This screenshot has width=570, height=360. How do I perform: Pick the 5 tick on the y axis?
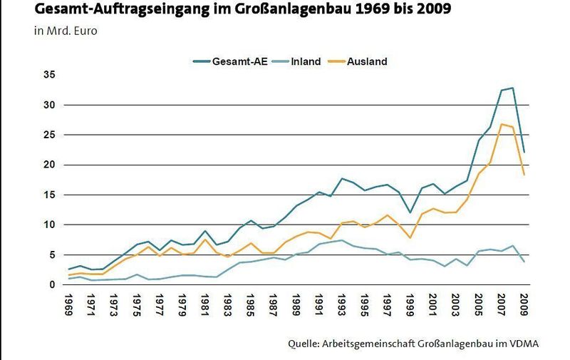pyautogui.click(x=51, y=254)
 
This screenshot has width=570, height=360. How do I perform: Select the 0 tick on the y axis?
pyautogui.click(x=51, y=284)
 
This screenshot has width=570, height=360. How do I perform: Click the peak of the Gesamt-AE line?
pyautogui.click(x=512, y=88)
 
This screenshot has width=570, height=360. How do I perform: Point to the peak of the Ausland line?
pyautogui.click(x=501, y=124)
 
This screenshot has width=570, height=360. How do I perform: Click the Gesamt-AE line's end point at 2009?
pyautogui.click(x=524, y=152)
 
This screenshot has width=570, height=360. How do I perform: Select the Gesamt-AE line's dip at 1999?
pyautogui.click(x=410, y=212)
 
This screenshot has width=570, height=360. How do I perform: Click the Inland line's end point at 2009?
pyautogui.click(x=524, y=262)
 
